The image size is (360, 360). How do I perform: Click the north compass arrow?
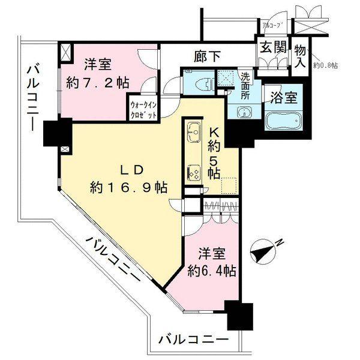click(x=262, y=251)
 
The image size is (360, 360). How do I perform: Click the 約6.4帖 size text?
click(x=211, y=270)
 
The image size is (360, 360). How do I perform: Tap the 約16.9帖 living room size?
click(x=128, y=187)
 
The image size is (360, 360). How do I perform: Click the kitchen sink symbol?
click(x=194, y=130)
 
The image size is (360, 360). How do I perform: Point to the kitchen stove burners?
click(x=194, y=171)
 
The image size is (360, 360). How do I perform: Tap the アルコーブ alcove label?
click(x=274, y=26)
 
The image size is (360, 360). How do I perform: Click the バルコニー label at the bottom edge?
click(x=193, y=340)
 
